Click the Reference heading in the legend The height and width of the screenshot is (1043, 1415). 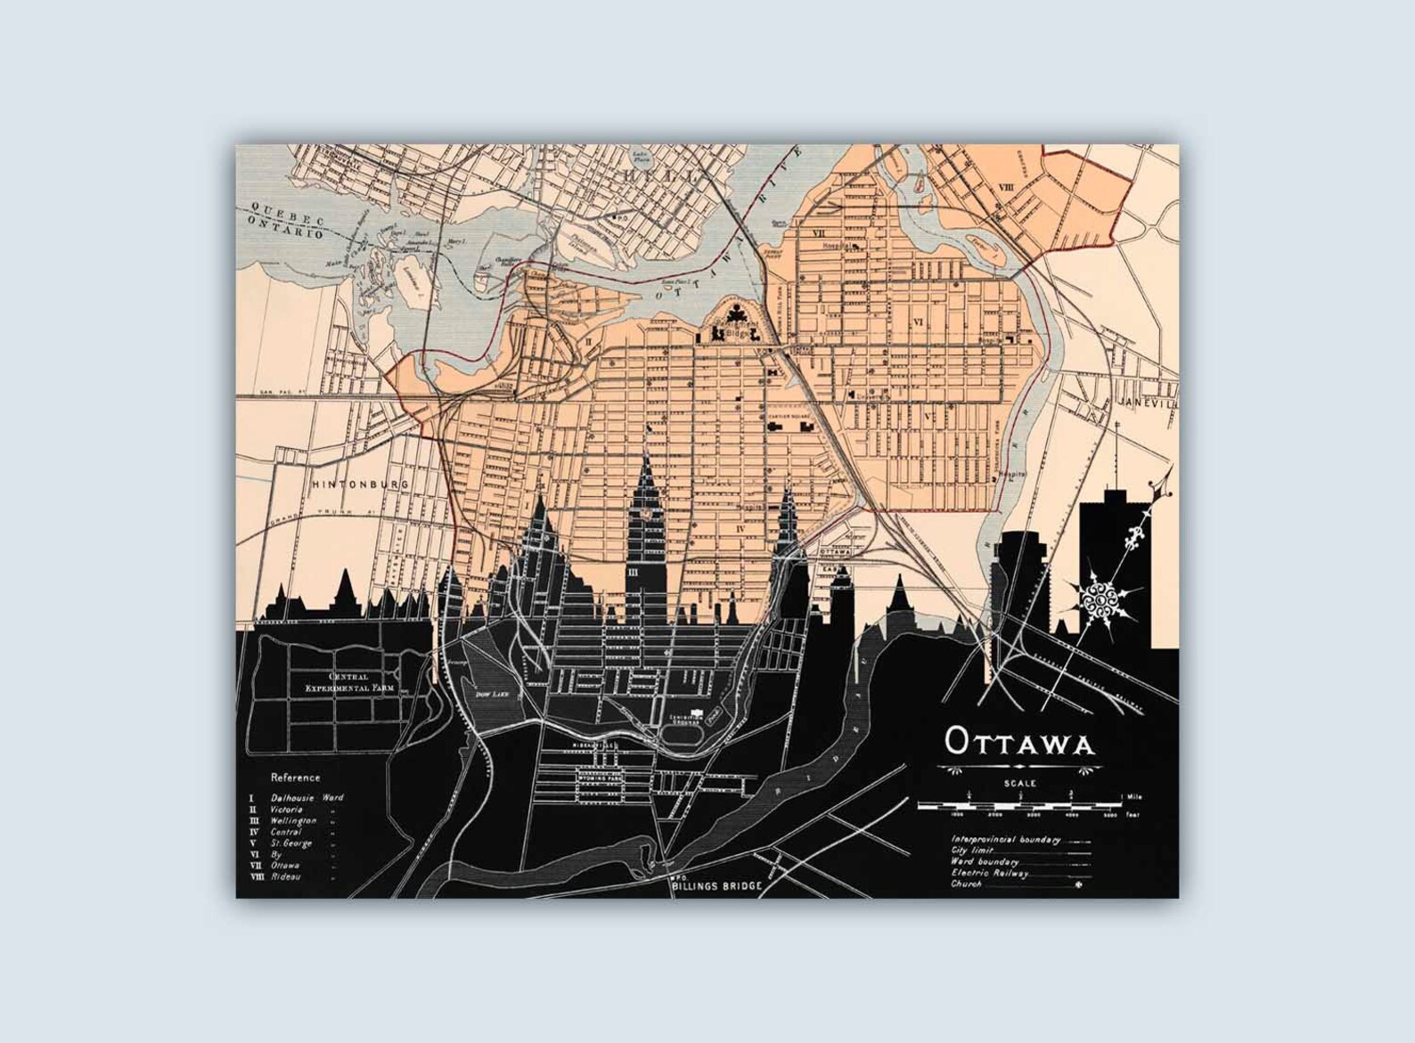click(296, 778)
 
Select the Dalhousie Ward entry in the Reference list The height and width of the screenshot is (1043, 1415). click(307, 798)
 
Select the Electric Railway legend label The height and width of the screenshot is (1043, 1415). click(989, 874)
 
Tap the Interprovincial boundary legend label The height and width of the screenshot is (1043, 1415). click(1004, 840)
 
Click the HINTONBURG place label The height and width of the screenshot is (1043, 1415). click(360, 485)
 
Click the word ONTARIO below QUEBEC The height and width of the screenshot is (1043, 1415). click(278, 234)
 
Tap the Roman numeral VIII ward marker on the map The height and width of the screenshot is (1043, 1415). click(1008, 188)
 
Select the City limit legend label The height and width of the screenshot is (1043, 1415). click(973, 852)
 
